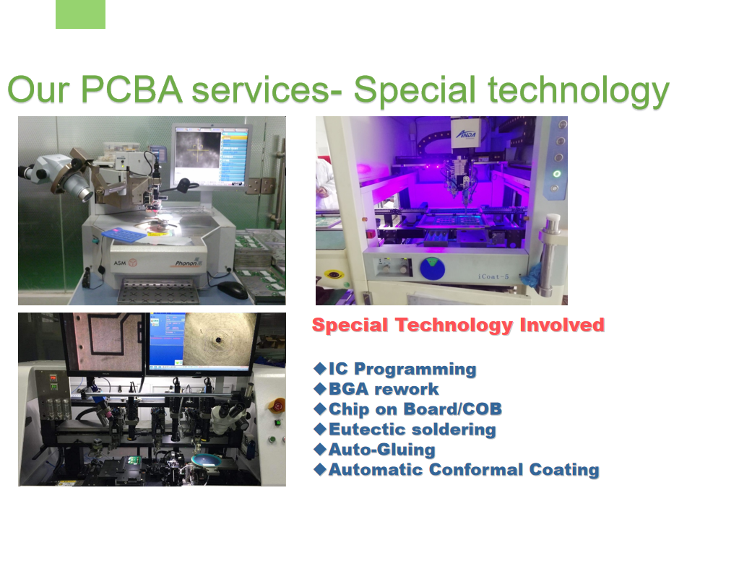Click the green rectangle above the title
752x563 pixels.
tap(80, 14)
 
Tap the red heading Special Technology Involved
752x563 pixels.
tap(458, 326)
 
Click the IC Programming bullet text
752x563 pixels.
tap(402, 370)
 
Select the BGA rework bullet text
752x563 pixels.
tap(384, 390)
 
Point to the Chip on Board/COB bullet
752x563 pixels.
tap(415, 410)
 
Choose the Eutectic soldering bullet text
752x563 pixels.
tap(412, 430)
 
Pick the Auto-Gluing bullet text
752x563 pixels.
tap(381, 450)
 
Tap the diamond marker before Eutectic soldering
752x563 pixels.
tap(320, 429)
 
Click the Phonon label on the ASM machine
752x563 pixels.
tap(190, 263)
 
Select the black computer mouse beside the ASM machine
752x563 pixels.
tap(233, 289)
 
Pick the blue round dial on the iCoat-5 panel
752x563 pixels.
tap(433, 269)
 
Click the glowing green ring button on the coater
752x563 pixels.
tap(556, 173)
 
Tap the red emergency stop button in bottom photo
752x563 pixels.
tap(278, 405)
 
